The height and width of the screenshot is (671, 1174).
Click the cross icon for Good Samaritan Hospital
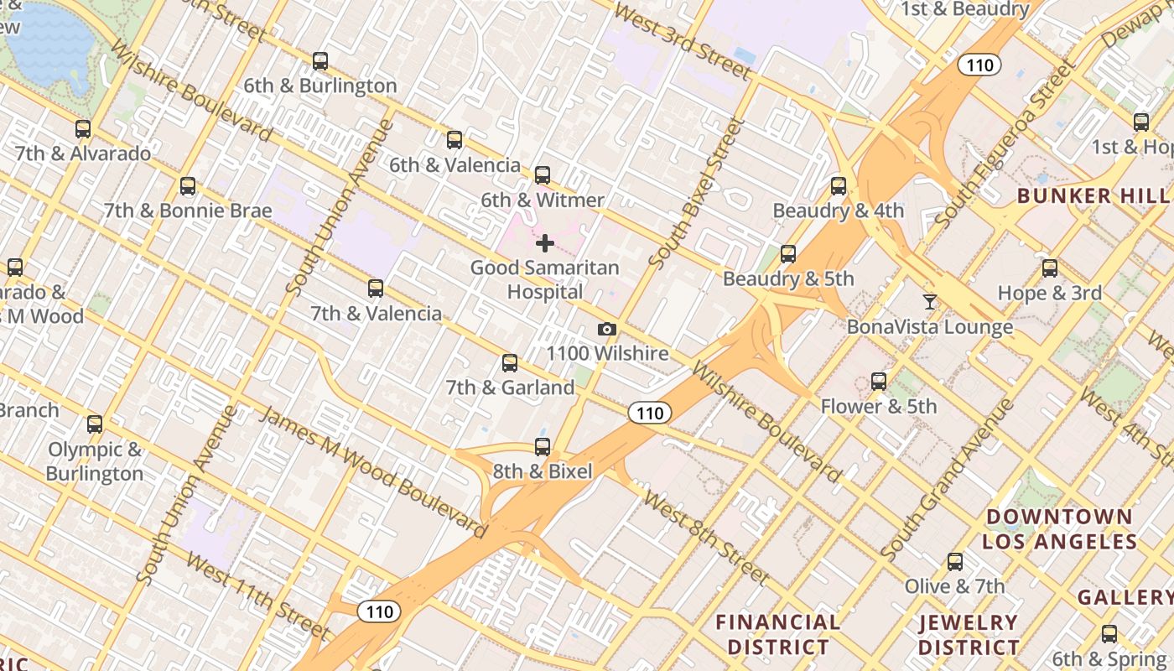[545, 243]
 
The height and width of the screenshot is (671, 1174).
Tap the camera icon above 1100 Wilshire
[607, 330]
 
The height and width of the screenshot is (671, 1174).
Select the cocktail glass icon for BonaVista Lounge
[929, 302]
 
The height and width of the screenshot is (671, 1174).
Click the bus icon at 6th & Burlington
[320, 61]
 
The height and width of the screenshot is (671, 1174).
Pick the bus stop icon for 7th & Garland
[509, 363]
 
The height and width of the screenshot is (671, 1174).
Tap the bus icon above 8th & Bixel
[543, 447]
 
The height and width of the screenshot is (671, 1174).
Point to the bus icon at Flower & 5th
[878, 382]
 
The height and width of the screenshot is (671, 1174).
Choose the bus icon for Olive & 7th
[954, 562]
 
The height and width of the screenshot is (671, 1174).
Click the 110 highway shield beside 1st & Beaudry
[979, 65]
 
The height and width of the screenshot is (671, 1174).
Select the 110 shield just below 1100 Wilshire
[649, 413]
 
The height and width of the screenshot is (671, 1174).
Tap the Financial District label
[778, 634]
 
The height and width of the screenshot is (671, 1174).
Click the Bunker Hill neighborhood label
[1093, 196]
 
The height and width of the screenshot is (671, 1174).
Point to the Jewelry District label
[969, 635]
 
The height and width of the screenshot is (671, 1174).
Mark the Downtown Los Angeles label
[1059, 528]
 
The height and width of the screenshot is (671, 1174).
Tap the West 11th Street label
[257, 595]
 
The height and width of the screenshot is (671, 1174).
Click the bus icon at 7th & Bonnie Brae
[188, 186]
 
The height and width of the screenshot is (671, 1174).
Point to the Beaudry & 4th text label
[838, 211]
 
